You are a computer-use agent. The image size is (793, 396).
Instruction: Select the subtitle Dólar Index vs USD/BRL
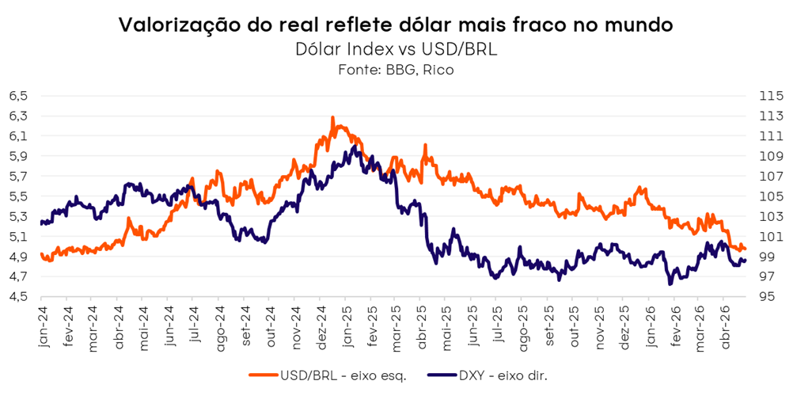pos(396,49)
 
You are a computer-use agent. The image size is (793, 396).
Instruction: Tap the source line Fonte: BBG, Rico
pos(396,70)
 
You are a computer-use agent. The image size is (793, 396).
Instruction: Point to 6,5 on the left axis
pos(18,96)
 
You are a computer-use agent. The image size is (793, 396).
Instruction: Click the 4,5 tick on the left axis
pos(18,297)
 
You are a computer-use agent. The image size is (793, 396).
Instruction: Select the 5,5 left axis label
pos(18,196)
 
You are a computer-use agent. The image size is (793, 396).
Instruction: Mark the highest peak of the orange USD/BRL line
pos(332,117)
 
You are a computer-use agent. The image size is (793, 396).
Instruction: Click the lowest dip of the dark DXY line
pos(670,284)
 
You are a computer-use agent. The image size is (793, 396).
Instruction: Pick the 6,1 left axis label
pos(18,136)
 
